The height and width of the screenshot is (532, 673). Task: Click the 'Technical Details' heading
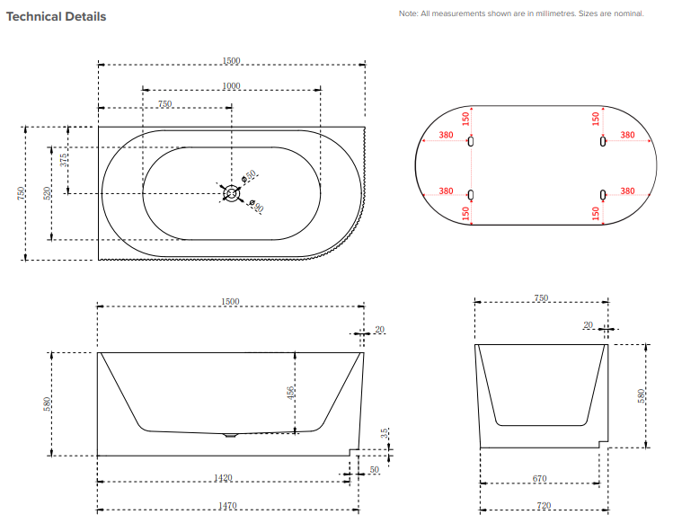pyautogui.click(x=57, y=17)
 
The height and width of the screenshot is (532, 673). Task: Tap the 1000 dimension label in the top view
pyautogui.click(x=231, y=86)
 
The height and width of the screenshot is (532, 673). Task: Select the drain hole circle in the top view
pyautogui.click(x=231, y=193)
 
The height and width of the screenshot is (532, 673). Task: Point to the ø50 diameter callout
pyautogui.click(x=249, y=176)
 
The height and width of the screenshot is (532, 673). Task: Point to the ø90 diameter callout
pyautogui.click(x=256, y=206)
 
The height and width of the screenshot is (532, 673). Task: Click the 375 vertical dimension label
pyautogui.click(x=64, y=160)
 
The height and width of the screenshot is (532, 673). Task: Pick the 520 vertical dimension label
pyautogui.click(x=48, y=193)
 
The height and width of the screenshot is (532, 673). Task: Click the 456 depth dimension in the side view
pyautogui.click(x=290, y=393)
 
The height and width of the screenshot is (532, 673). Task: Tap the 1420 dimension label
pyautogui.click(x=223, y=478)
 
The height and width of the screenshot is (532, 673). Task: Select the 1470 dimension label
pyautogui.click(x=227, y=506)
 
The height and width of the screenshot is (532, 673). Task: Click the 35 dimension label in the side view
pyautogui.click(x=385, y=433)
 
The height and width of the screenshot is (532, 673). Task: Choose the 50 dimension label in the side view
pyautogui.click(x=375, y=469)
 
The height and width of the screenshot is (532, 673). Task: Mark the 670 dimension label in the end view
pyautogui.click(x=539, y=478)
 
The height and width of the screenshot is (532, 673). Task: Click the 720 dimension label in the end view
pyautogui.click(x=544, y=505)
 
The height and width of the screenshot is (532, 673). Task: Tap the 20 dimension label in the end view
pyautogui.click(x=588, y=325)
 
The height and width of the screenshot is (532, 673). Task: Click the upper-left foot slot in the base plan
pyautogui.click(x=471, y=141)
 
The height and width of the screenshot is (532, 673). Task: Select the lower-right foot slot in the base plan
pyautogui.click(x=603, y=195)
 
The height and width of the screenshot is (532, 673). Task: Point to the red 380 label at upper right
pyautogui.click(x=627, y=135)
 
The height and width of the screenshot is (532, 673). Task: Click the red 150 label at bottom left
pyautogui.click(x=465, y=213)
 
